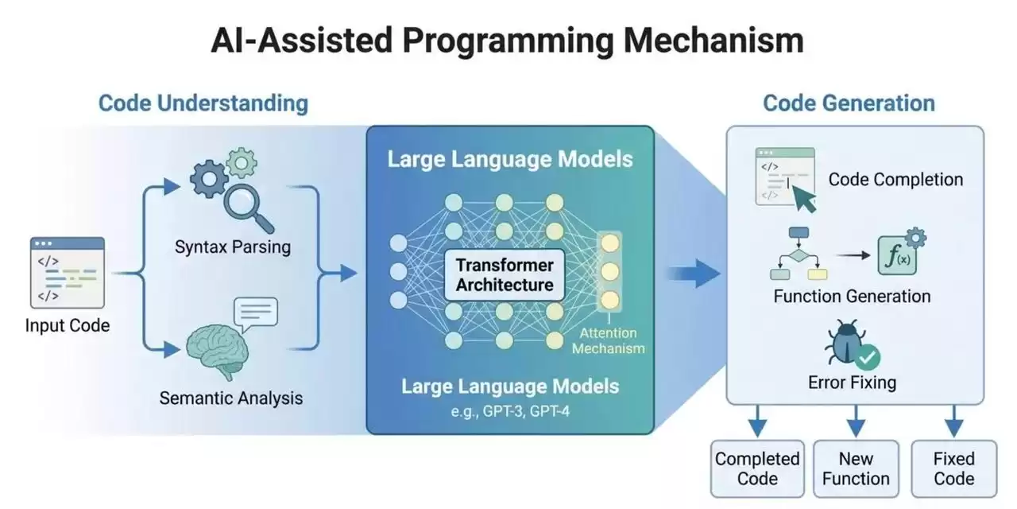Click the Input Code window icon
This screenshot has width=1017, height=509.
(68, 272)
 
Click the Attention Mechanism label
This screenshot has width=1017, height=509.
(609, 341)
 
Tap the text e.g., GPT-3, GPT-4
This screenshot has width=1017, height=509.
(509, 412)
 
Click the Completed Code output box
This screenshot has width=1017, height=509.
(757, 468)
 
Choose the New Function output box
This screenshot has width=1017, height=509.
(856, 468)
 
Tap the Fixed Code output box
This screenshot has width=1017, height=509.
(953, 468)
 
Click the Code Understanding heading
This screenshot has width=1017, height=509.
(203, 103)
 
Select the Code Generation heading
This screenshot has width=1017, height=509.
(849, 103)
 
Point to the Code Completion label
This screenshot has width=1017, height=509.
(895, 180)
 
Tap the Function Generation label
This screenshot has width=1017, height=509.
(852, 297)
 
